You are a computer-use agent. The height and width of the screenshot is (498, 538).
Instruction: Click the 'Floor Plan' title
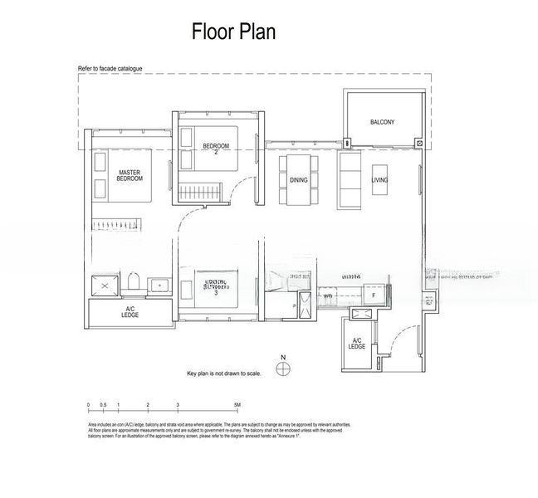coord(233,32)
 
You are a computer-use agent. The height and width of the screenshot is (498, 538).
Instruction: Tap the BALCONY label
coord(383,122)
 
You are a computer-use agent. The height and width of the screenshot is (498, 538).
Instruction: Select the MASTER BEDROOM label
coord(130,175)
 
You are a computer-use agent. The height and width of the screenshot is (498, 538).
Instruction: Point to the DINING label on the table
coord(298,179)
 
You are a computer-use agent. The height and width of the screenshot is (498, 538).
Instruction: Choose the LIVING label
coord(379,179)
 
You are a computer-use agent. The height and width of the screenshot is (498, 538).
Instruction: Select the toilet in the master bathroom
coord(133,282)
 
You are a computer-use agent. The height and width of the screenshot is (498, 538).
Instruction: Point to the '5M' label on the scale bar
coord(237,405)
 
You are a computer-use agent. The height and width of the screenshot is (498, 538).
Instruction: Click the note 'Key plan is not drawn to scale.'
coord(224,374)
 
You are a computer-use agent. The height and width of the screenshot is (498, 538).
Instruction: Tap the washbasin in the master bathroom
coord(159,285)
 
